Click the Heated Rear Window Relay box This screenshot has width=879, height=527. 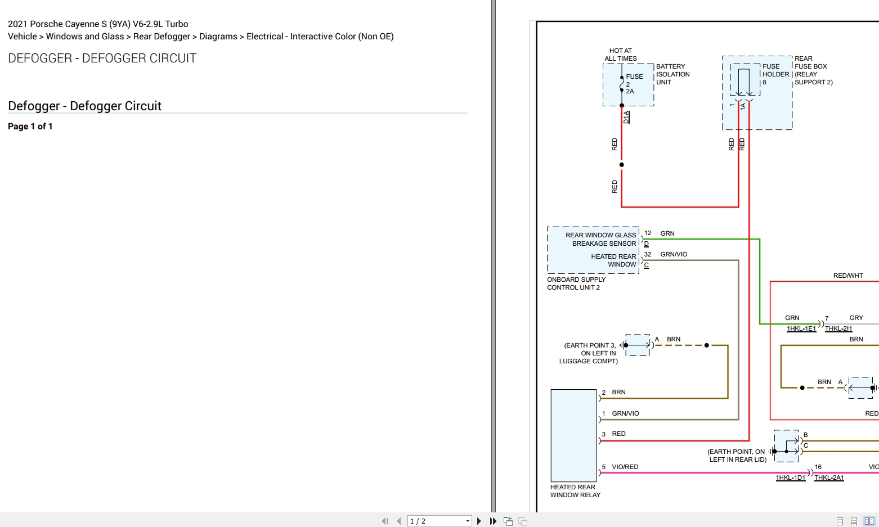point(573,435)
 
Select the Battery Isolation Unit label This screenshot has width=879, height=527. point(672,74)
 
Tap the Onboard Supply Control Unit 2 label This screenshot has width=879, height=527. point(576,283)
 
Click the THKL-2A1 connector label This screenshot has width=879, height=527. point(829,478)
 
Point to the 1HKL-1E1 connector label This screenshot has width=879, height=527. point(801,328)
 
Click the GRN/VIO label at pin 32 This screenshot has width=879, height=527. point(674,254)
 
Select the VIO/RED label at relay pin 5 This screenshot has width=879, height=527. point(625,467)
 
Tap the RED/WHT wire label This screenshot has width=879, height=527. point(848,276)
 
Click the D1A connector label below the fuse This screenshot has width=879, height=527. point(627,117)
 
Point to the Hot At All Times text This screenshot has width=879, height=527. point(620,55)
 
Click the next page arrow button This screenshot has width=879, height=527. point(479,521)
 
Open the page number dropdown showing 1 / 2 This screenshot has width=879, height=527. point(439,521)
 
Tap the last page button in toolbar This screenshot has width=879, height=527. point(494,521)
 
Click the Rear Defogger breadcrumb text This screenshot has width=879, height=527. point(162,37)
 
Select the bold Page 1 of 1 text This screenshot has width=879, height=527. point(30,126)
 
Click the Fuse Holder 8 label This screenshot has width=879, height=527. point(775,74)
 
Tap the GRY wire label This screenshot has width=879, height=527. point(856,318)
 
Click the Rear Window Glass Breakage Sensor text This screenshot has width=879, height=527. point(600,239)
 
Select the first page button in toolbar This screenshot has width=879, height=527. point(385,521)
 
